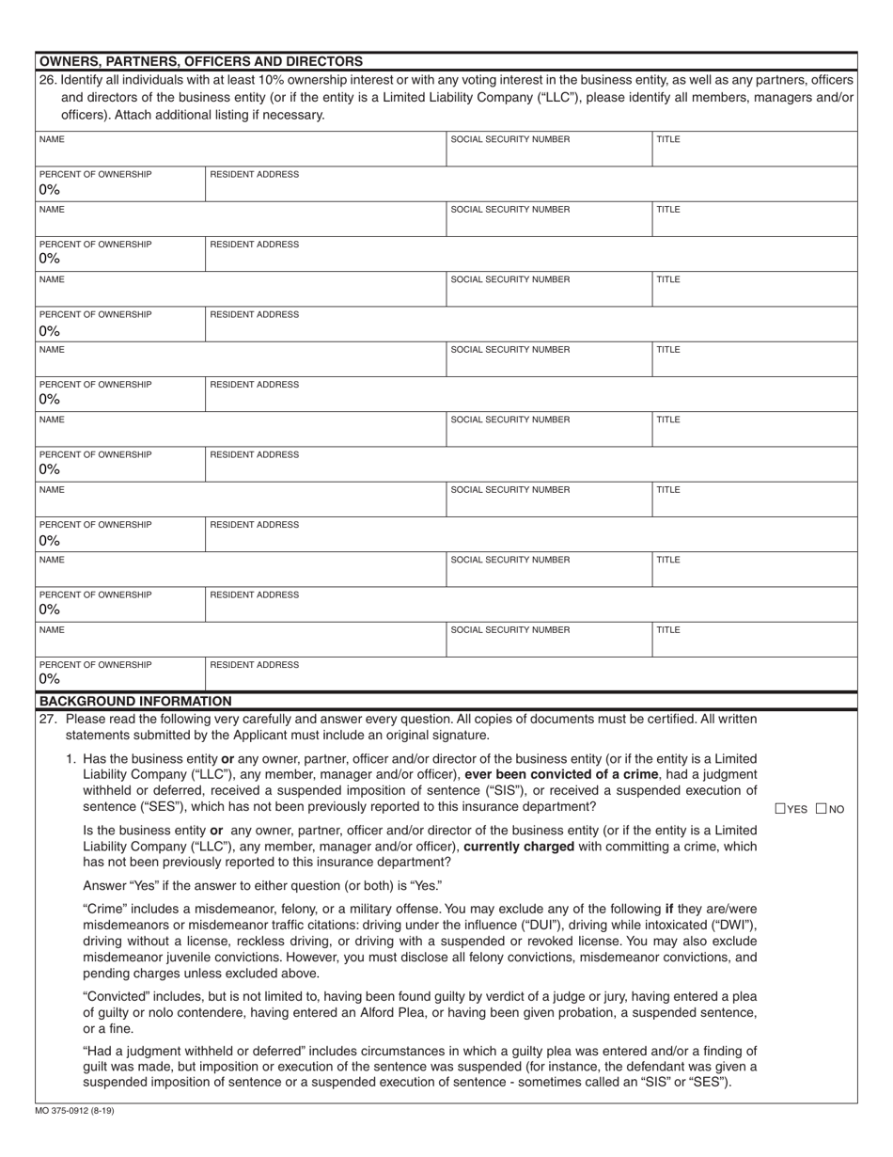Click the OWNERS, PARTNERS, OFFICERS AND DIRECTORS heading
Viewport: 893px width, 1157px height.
tap(200, 61)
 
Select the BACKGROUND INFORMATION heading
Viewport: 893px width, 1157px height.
tap(134, 701)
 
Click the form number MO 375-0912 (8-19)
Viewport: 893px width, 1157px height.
tap(75, 1111)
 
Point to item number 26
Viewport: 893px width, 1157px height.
tap(48, 81)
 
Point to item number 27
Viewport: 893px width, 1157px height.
tap(48, 719)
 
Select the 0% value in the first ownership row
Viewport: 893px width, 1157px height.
tap(50, 189)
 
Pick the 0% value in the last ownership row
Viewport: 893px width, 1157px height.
tap(50, 678)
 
